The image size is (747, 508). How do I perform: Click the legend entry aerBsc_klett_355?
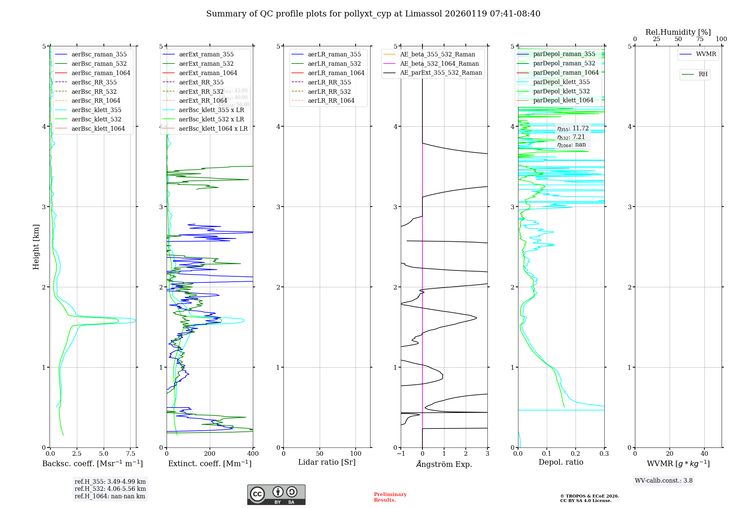[96, 110]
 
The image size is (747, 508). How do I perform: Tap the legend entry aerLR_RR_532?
[329, 92]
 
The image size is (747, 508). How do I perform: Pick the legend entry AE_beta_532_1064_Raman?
[439, 64]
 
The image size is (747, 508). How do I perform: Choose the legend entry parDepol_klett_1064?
[563, 100]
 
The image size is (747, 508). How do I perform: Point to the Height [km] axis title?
[36, 247]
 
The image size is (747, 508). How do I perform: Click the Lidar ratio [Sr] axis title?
[327, 462]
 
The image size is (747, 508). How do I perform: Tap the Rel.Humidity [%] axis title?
[678, 32]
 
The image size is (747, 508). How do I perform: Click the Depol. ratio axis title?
[561, 462]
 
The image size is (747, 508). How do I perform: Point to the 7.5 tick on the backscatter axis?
[130, 454]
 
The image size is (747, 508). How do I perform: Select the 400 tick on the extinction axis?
[253, 454]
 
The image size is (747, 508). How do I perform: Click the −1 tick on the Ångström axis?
[401, 454]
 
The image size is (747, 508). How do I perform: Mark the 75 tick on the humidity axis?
[700, 39]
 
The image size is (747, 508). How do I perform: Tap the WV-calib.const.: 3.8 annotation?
[664, 481]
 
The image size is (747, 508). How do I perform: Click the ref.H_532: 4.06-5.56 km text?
[110, 489]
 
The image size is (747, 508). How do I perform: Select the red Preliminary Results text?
[390, 497]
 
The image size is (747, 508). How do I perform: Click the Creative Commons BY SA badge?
[276, 495]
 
